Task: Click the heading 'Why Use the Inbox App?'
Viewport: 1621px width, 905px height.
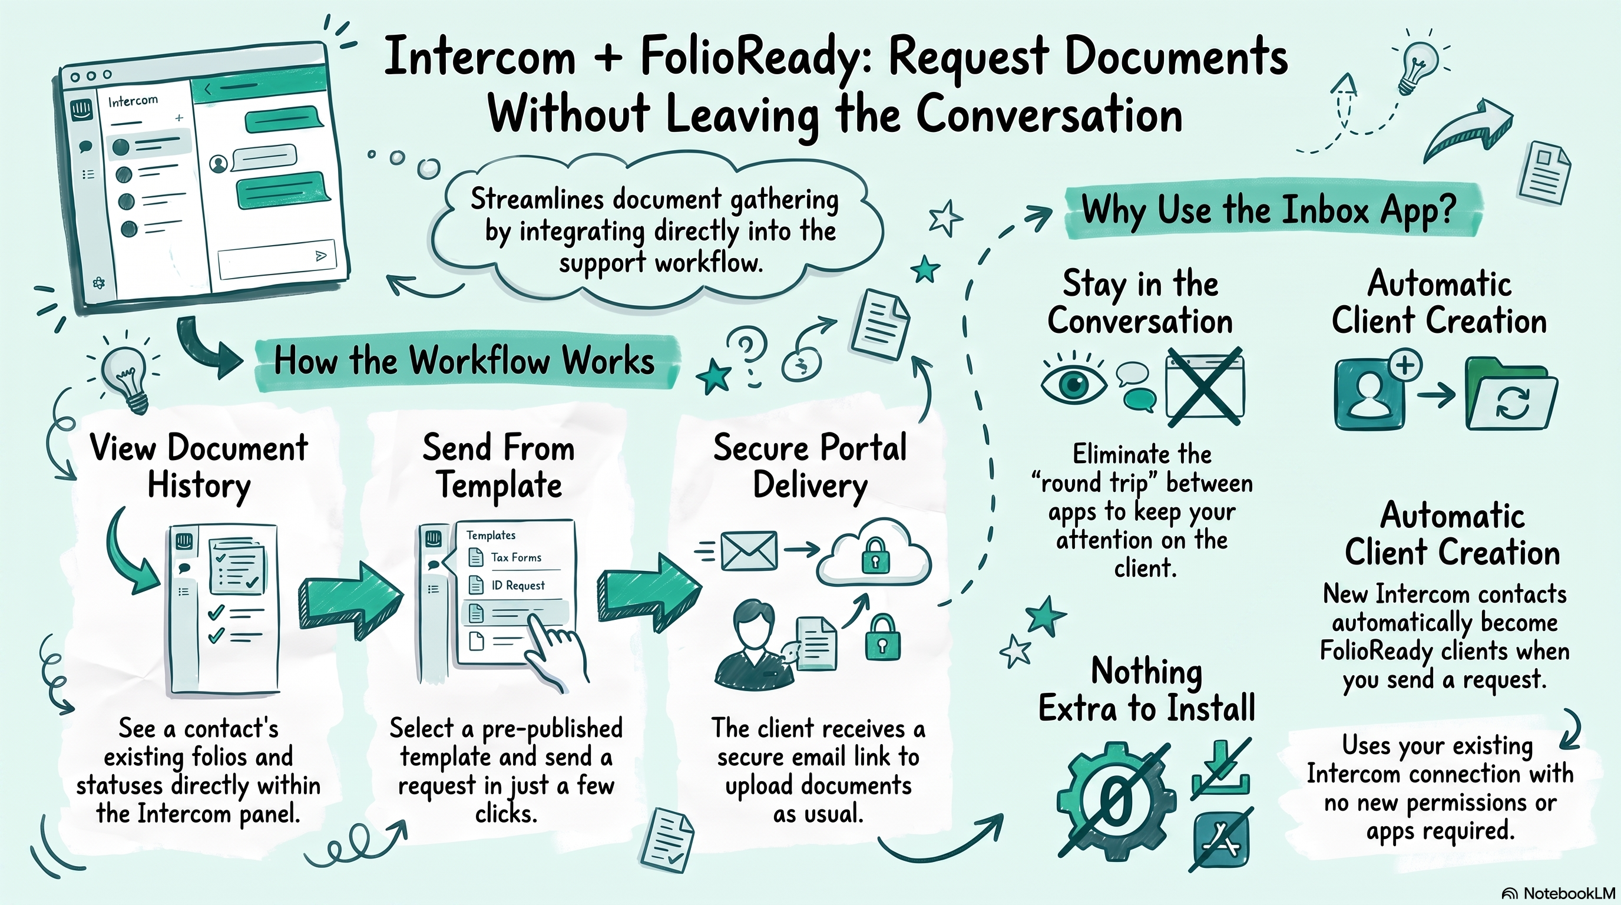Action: (x=1268, y=210)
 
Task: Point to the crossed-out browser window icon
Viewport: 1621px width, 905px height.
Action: (x=1205, y=387)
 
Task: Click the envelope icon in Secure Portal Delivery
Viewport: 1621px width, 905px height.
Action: (x=747, y=551)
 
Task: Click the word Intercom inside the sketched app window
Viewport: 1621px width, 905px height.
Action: (x=133, y=101)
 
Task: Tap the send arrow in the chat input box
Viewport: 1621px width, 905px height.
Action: (x=321, y=256)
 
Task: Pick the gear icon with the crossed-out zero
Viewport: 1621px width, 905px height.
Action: (x=1115, y=802)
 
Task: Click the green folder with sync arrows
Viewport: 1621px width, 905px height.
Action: (x=1511, y=394)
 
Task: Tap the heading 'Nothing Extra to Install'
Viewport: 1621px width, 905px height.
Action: (x=1146, y=689)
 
